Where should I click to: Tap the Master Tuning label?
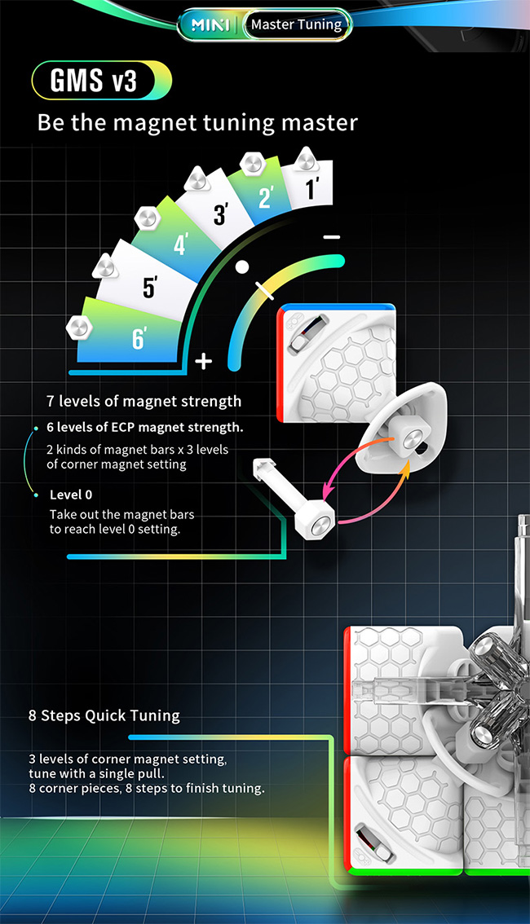(296, 24)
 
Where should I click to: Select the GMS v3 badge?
(101, 80)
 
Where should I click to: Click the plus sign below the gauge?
(203, 360)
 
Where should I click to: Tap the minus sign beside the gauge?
(332, 237)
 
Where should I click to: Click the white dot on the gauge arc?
(241, 267)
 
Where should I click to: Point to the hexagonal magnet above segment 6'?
(79, 327)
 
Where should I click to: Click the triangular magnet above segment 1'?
(306, 159)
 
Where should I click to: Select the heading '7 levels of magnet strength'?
(144, 402)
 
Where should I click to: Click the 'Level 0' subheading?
(71, 495)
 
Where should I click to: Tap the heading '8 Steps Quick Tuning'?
(104, 716)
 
